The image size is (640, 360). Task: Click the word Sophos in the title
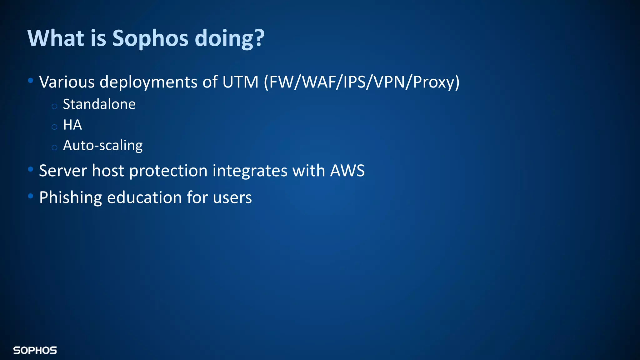pyautogui.click(x=150, y=38)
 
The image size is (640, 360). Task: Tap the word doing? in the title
pyautogui.click(x=229, y=38)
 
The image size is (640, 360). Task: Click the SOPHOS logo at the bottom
pyautogui.click(x=35, y=350)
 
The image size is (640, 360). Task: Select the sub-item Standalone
pyautogui.click(x=99, y=104)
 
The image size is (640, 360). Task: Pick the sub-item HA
pyautogui.click(x=72, y=125)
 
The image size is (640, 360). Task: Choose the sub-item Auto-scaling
pyautogui.click(x=102, y=146)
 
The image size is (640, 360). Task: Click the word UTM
pyautogui.click(x=240, y=82)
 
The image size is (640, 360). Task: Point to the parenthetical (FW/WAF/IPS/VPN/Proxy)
pyautogui.click(x=362, y=82)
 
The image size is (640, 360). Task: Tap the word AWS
pyautogui.click(x=347, y=171)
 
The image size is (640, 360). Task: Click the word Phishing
pyautogui.click(x=70, y=198)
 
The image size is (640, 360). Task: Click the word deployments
pyautogui.click(x=148, y=82)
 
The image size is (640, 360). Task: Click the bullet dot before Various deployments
pyautogui.click(x=30, y=81)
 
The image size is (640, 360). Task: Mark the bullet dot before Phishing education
pyautogui.click(x=30, y=196)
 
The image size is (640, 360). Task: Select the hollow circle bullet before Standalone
pyautogui.click(x=54, y=106)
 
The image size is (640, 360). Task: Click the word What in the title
pyautogui.click(x=56, y=38)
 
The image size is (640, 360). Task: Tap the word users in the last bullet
pyautogui.click(x=232, y=198)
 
